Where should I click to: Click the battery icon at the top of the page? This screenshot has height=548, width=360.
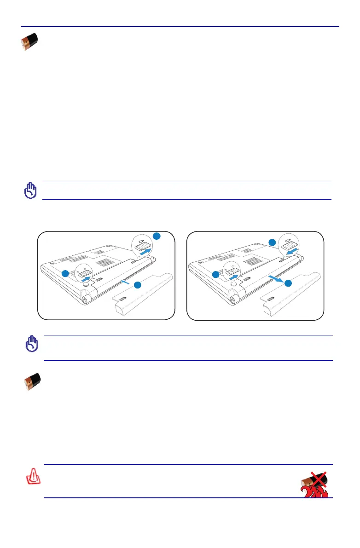pyautogui.click(x=30, y=42)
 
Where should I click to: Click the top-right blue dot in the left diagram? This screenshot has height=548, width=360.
pyautogui.click(x=157, y=236)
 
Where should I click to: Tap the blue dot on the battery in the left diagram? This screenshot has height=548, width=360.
pyautogui.click(x=137, y=285)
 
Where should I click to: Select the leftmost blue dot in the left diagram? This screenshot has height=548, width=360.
pyautogui.click(x=65, y=273)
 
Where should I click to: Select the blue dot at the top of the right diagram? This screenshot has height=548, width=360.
pyautogui.click(x=272, y=242)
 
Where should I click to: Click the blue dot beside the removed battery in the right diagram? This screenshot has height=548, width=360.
pyautogui.click(x=288, y=284)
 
